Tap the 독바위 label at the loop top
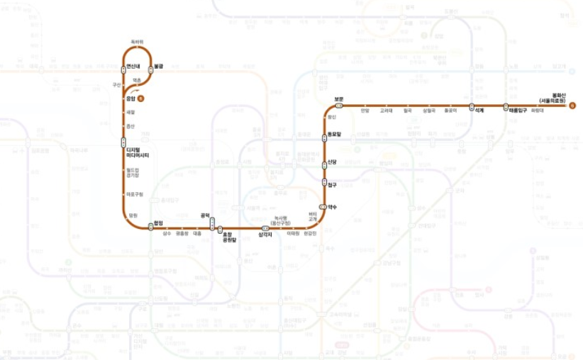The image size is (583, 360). point(138,42)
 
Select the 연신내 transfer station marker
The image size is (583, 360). point(123,69)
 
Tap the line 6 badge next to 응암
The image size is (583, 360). point(140,98)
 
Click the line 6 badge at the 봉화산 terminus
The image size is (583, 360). point(572,106)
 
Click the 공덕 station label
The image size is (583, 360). point(206,215)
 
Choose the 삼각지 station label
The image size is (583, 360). point(265,236)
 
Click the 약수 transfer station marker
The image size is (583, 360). point(323,206)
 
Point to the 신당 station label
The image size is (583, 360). point(332,162)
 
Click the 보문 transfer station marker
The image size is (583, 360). point(339,106)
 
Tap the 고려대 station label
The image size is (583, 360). point(386,111)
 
